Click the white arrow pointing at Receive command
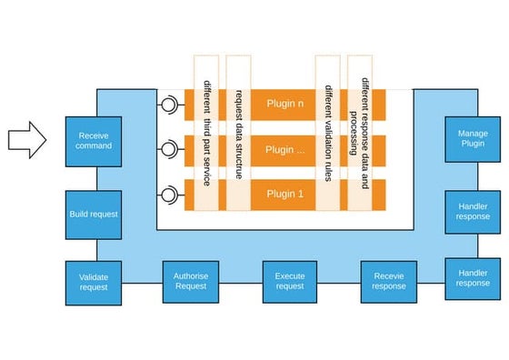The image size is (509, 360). pyautogui.click(x=26, y=140)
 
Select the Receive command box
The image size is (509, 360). pyautogui.click(x=94, y=141)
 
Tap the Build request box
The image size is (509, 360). pyautogui.click(x=94, y=215)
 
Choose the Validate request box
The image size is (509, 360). pyautogui.click(x=94, y=281)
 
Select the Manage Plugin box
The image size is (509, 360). pyautogui.click(x=472, y=138)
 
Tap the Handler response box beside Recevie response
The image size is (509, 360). pyautogui.click(x=472, y=277)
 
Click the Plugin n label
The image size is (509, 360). pyautogui.click(x=285, y=104)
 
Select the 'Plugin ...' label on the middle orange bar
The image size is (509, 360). pyautogui.click(x=285, y=148)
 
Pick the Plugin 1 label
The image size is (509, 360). pyautogui.click(x=285, y=194)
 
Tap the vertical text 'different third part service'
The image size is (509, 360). pyautogui.click(x=207, y=133)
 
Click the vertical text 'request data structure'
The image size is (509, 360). pyautogui.click(x=238, y=133)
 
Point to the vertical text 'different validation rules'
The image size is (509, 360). pyautogui.click(x=326, y=133)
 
